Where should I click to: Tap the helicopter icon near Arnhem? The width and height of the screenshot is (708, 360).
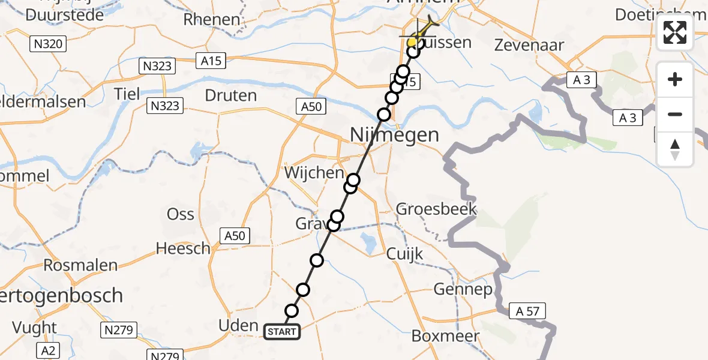coord(427,26)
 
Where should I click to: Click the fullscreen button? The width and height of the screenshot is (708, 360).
coord(675,32)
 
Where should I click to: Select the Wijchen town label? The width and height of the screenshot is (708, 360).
coord(319,173)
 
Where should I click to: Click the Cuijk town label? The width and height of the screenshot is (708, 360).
coord(405,254)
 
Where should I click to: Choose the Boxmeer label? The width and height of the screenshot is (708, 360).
coord(445,336)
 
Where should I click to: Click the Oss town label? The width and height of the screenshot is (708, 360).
coord(181,214)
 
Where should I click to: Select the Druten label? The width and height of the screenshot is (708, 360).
coord(230,95)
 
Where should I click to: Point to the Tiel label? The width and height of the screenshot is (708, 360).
coord(127,94)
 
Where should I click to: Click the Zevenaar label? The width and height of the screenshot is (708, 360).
coord(529,44)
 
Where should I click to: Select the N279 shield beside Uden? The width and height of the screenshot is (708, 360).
coord(120,329)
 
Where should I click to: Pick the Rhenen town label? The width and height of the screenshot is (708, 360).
coord(212,19)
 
